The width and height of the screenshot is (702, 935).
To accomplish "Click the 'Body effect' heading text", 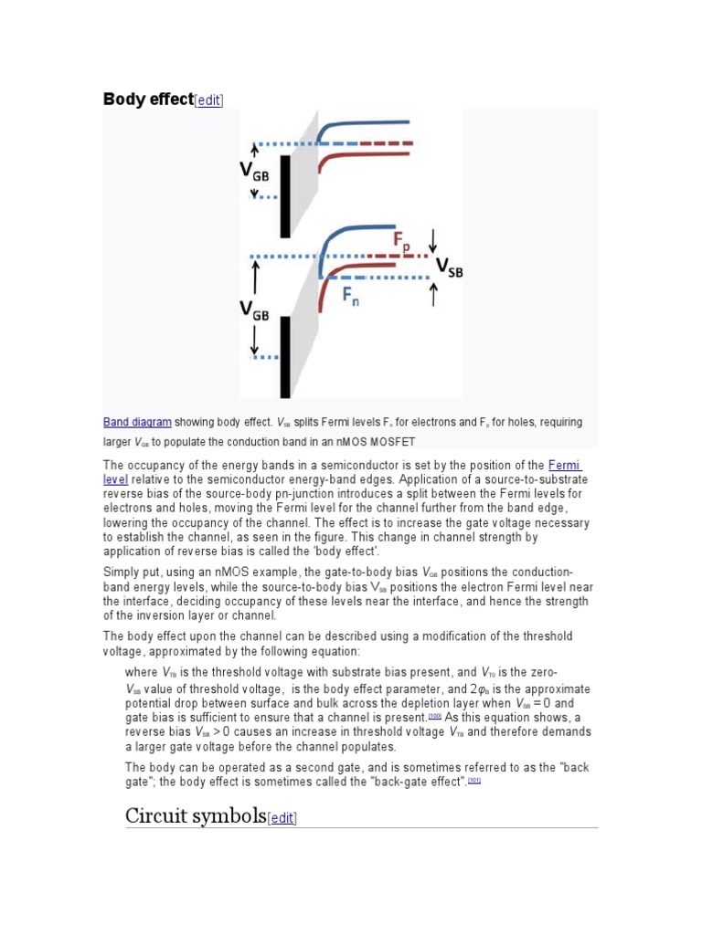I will (x=148, y=100).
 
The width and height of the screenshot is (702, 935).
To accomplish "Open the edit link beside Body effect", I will (x=209, y=100).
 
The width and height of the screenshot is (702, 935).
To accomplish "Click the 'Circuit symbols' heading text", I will (x=195, y=814).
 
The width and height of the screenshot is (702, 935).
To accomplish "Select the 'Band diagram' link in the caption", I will (x=137, y=422).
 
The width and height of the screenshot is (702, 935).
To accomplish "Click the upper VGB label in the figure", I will (x=256, y=170).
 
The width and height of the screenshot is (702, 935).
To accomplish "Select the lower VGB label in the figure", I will (x=255, y=311).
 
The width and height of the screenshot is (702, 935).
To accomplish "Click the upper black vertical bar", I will (x=285, y=194).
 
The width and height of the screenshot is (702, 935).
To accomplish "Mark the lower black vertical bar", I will (x=285, y=355).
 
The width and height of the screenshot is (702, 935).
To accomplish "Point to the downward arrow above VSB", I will (x=433, y=239).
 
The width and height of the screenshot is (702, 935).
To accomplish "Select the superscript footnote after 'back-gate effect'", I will (x=474, y=781).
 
